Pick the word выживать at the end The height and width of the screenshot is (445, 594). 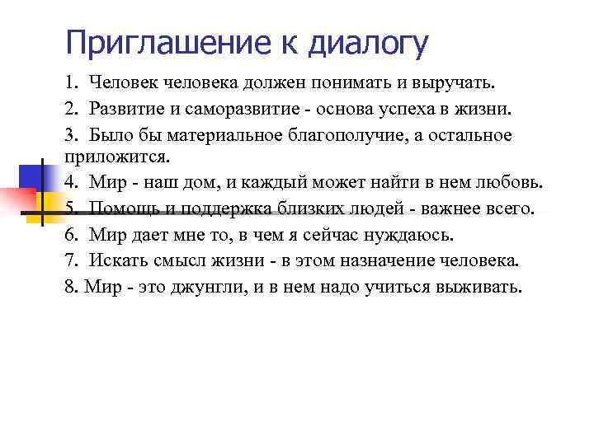pyautogui.click(x=484, y=288)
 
